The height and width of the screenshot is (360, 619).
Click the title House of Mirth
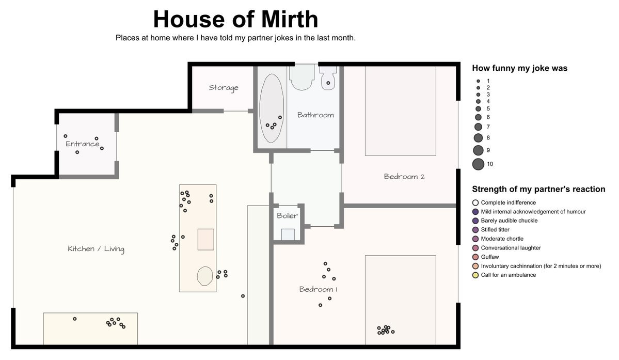click(x=235, y=19)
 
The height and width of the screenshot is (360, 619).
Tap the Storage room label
click(x=224, y=88)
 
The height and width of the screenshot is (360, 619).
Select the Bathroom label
click(x=315, y=115)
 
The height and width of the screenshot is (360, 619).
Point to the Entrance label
click(x=83, y=144)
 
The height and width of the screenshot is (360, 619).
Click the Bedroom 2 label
click(x=404, y=177)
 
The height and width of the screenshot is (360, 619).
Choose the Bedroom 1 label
click(x=318, y=289)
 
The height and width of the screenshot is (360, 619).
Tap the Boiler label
click(x=288, y=215)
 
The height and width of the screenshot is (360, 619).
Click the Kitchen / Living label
click(x=96, y=248)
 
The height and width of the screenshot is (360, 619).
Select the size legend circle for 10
click(x=478, y=164)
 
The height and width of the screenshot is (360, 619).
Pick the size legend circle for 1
click(x=478, y=81)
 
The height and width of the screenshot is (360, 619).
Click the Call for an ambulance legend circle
click(x=475, y=275)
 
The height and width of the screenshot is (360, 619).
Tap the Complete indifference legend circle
click(x=475, y=202)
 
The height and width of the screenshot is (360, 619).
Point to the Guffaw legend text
click(x=490, y=257)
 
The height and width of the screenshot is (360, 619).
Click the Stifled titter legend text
click(x=495, y=230)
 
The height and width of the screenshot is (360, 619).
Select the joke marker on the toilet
click(x=328, y=83)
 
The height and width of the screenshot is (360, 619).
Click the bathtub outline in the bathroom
click(x=260, y=108)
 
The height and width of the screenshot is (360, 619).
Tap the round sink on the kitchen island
click(x=205, y=276)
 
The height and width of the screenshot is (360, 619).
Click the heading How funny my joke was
click(x=519, y=68)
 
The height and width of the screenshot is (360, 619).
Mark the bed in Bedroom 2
click(x=400, y=111)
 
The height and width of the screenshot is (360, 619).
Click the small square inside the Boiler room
click(x=288, y=234)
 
